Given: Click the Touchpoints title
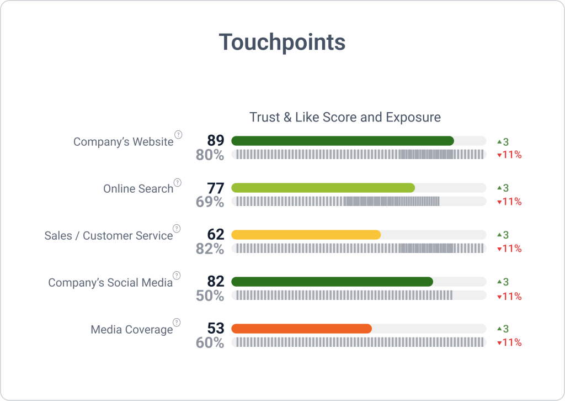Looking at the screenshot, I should tap(282, 43).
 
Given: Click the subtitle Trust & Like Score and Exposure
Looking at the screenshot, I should tap(345, 117).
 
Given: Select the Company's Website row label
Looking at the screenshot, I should tap(123, 141).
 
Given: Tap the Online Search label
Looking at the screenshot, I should tap(138, 188).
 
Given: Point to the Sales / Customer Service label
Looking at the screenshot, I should tap(109, 235).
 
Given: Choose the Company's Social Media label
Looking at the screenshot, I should tap(110, 282).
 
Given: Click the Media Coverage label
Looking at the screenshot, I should tap(131, 329).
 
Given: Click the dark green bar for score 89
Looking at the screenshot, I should tap(342, 141).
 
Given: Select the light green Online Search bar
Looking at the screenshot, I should tap(323, 188).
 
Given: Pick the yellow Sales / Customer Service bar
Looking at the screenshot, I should tap(306, 235).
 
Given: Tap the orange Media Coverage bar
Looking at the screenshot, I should tap(301, 329).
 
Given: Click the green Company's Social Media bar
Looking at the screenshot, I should tap(332, 282).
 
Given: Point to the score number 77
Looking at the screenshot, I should tap(216, 188).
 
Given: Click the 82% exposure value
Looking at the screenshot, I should tap(210, 249).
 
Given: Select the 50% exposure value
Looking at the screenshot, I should tap(210, 296).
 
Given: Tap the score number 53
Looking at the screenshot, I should tap(216, 329).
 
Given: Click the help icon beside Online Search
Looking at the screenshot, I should tap(177, 182).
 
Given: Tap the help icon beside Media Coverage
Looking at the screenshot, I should tap(177, 323).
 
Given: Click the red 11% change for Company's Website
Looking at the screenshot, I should tap(509, 155).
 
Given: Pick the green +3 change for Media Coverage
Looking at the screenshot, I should tap(503, 329).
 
